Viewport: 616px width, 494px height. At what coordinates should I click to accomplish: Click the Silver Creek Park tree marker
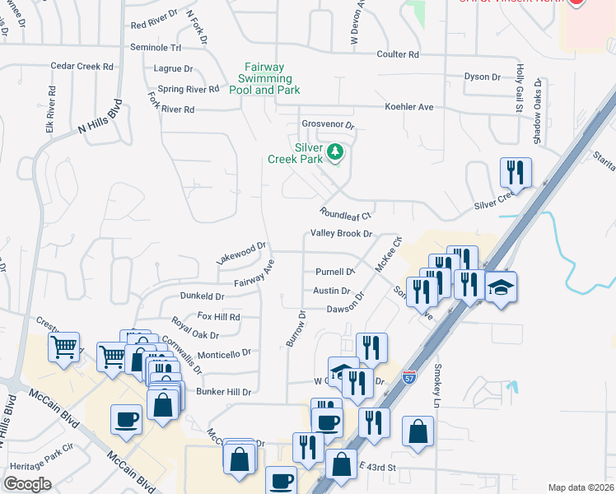click(335, 151)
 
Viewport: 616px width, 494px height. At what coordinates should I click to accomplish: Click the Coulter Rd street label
click(398, 54)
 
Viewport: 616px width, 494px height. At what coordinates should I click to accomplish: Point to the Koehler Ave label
click(408, 107)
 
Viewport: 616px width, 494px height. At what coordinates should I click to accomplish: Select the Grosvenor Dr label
click(327, 126)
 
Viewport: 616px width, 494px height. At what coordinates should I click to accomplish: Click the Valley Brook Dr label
click(342, 234)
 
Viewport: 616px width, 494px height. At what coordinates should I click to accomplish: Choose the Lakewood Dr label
click(241, 251)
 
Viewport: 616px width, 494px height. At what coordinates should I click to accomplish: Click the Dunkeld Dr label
click(203, 296)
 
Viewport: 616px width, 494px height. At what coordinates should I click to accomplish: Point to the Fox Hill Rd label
click(218, 316)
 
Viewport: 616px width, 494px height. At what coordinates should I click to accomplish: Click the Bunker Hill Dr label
click(223, 392)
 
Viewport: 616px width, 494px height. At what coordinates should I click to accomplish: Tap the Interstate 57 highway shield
click(409, 376)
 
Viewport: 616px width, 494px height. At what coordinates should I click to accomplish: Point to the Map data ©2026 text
click(580, 487)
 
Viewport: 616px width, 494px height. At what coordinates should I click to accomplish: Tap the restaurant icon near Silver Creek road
click(516, 172)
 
